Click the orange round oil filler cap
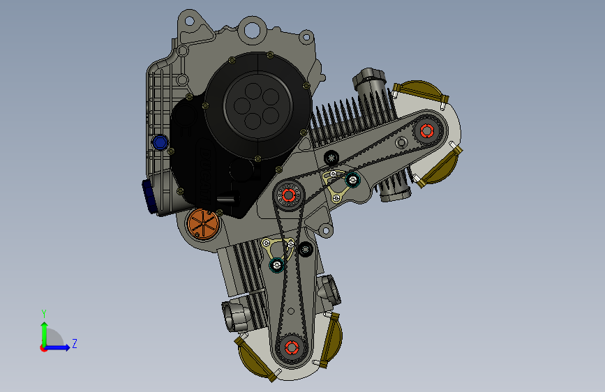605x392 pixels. [x=203, y=224]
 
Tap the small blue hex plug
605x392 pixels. [x=160, y=142]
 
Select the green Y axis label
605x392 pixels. [x=44, y=313]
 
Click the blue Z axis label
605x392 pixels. [x=75, y=343]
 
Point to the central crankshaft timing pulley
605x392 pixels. [x=289, y=195]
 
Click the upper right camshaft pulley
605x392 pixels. [x=427, y=131]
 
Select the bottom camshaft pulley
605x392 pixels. [x=291, y=348]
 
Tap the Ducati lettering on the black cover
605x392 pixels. [x=206, y=176]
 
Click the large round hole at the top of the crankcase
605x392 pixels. [x=252, y=30]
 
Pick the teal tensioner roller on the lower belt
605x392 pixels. [x=276, y=265]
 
